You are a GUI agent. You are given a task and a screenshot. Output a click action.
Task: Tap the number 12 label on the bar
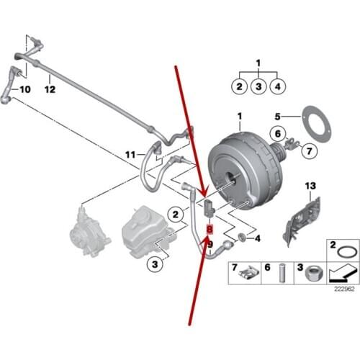pos(49,90)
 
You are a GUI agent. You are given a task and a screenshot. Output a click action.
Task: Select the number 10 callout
pos(24,90)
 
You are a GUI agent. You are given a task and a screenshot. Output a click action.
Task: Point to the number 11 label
pos(130,154)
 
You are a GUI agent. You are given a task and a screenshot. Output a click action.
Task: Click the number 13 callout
pos(312,186)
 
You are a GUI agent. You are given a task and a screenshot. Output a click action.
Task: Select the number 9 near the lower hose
pos(210,244)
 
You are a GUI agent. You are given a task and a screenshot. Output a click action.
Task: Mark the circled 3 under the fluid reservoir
pos(153,265)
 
